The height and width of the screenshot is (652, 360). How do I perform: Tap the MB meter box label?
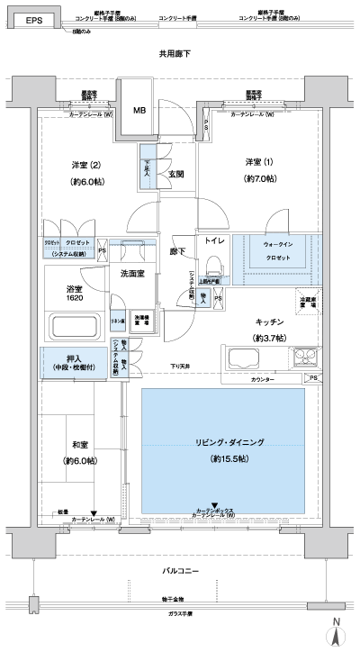pos(139,112)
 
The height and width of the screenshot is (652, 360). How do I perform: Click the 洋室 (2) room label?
pos(86,165)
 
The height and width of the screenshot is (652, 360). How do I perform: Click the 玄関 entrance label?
pos(175,174)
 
